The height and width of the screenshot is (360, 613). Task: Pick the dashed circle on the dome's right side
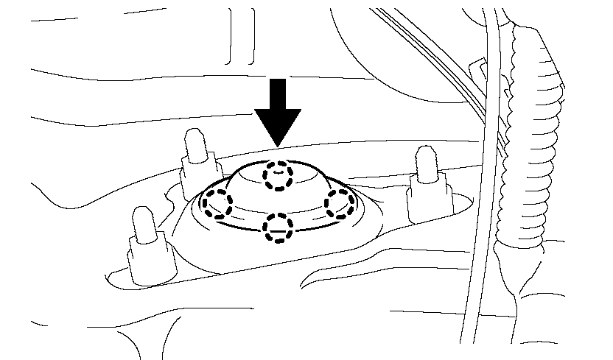point(340,203)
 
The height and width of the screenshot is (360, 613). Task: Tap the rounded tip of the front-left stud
point(141,216)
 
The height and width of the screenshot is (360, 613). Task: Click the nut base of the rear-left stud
point(196,168)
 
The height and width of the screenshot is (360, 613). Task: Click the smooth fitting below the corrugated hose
point(516,272)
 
